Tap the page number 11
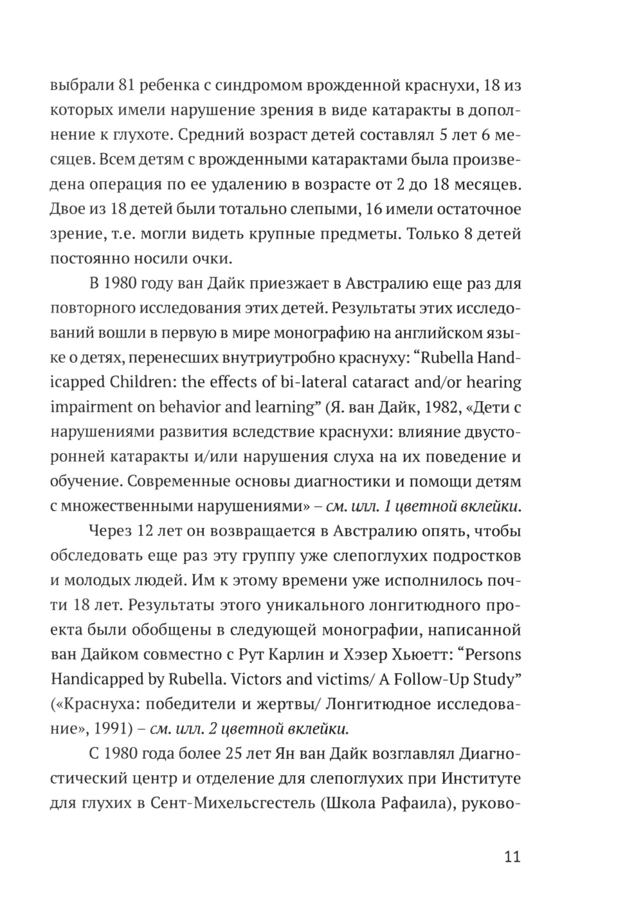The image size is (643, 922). coord(512,857)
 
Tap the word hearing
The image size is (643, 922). coord(494,383)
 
